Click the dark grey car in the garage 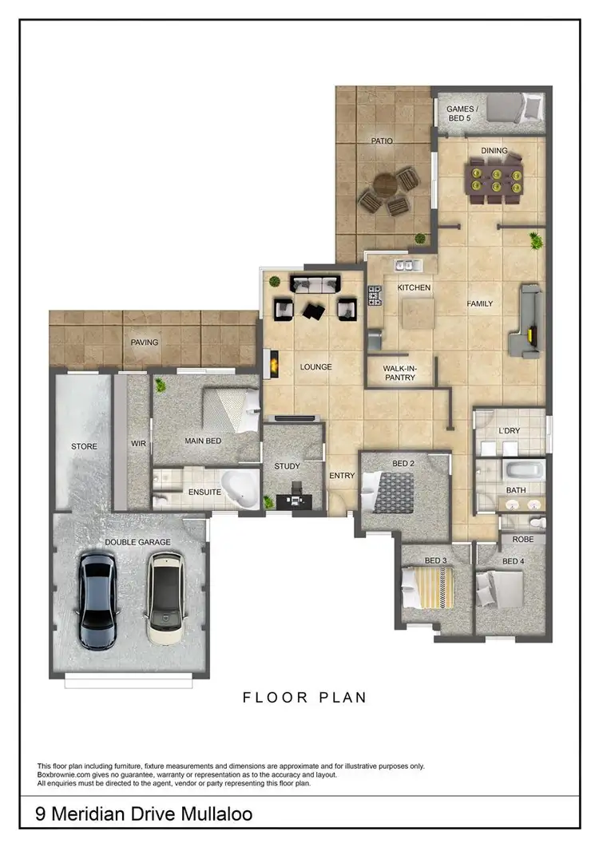(x=99, y=600)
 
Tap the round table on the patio (x=386, y=188)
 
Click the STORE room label (x=84, y=446)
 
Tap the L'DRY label (x=509, y=431)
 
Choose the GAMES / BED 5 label (x=460, y=113)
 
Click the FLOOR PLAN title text (x=304, y=698)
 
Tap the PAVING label (x=145, y=342)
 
